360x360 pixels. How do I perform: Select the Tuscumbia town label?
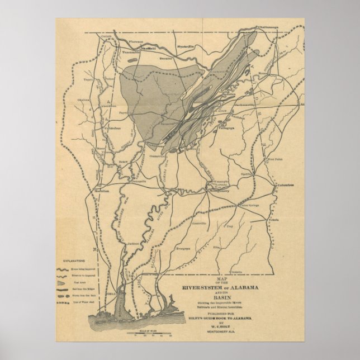pyautogui.click(x=130, y=52)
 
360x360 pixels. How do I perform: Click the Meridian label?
pyautogui.click(x=100, y=191)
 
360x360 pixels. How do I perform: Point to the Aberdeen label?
pyautogui.click(x=108, y=106)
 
